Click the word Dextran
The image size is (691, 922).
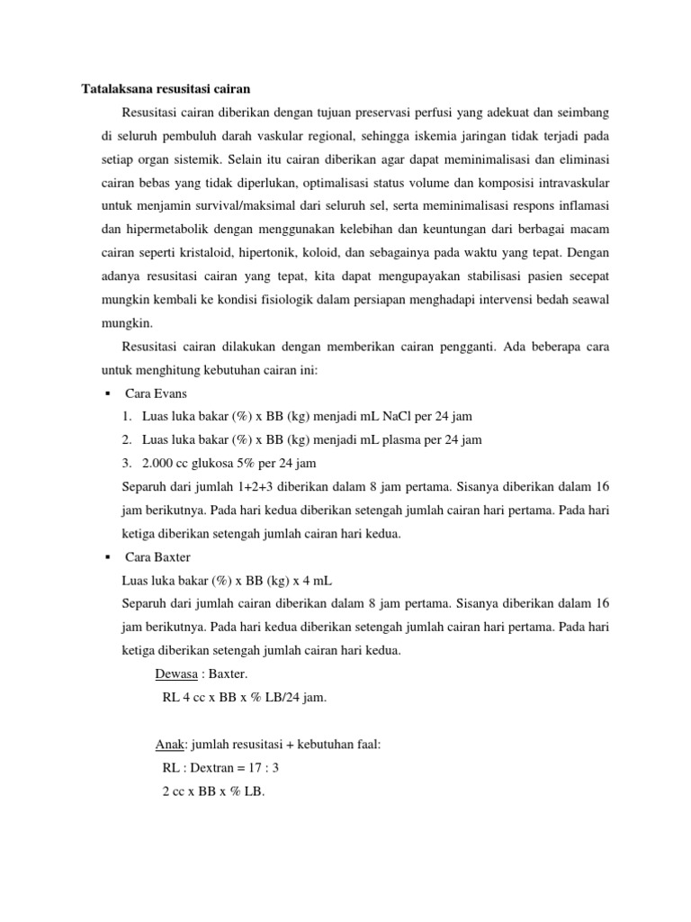(225, 767)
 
